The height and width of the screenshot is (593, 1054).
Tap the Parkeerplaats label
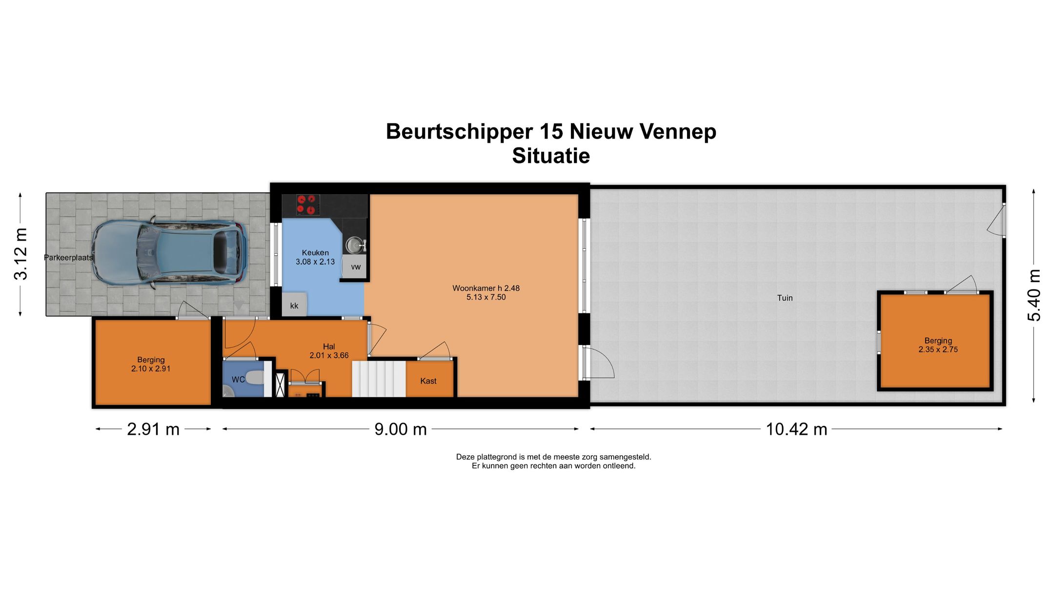click(x=68, y=258)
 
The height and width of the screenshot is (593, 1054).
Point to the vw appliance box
click(x=355, y=267)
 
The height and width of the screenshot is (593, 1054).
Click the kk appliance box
click(x=294, y=306)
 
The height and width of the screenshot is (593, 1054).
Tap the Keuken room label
click(x=315, y=253)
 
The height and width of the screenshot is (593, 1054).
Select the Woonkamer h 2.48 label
click(x=486, y=288)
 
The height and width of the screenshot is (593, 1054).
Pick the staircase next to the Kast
click(x=379, y=379)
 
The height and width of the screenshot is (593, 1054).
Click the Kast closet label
click(x=428, y=381)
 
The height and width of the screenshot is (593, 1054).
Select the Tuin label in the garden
click(x=785, y=298)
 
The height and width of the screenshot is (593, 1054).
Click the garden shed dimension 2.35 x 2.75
click(x=938, y=349)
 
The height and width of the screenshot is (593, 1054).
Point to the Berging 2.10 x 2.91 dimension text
click(x=151, y=369)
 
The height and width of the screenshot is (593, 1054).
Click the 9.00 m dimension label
click(x=401, y=429)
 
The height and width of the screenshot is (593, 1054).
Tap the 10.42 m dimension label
click(x=796, y=429)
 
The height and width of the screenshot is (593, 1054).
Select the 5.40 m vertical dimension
click(x=1034, y=295)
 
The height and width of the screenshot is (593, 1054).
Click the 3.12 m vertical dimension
click(x=21, y=254)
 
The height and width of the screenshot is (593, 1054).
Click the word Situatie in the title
click(x=551, y=156)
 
